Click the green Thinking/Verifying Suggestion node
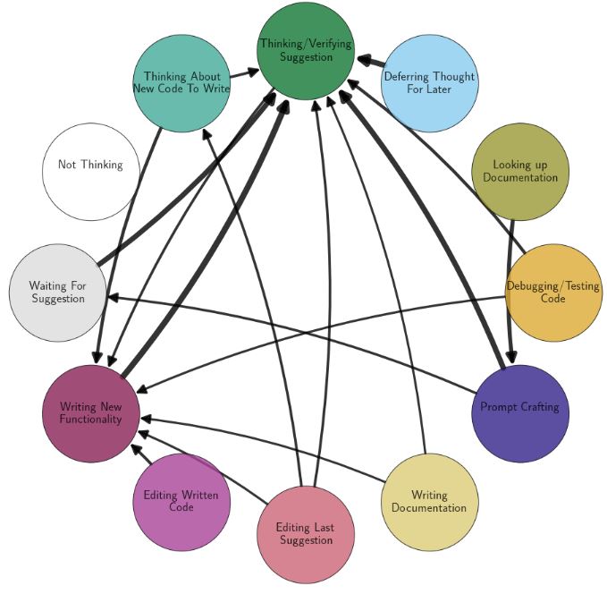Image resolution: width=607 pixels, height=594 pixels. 306,51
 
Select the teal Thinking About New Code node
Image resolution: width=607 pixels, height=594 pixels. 181,83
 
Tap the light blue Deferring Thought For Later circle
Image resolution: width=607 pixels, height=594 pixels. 429,83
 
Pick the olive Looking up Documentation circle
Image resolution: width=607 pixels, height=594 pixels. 519,172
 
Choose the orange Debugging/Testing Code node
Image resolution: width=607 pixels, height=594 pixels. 552,293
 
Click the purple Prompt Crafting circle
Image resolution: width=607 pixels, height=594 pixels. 519,413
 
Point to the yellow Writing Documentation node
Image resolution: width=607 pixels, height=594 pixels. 429,502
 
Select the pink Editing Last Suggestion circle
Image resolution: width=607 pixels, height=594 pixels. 306,534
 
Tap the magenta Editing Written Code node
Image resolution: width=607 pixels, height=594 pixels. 181,502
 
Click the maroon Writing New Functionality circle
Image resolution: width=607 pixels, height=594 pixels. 91,413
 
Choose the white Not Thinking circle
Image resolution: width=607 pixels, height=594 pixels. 91,172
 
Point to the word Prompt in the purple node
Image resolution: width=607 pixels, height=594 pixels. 499,407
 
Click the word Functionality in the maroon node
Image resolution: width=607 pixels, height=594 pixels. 91,420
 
